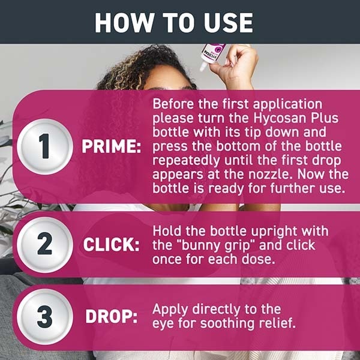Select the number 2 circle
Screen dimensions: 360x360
click(44, 245)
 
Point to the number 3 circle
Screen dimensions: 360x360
click(44, 317)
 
